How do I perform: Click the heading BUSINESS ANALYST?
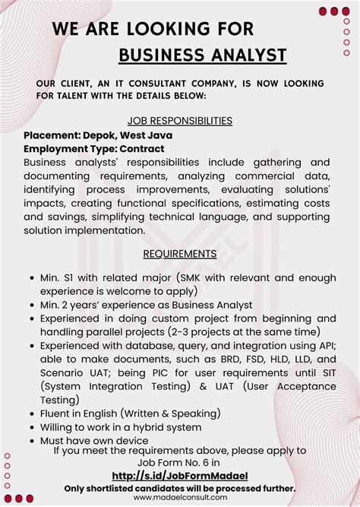pyautogui.click(x=203, y=55)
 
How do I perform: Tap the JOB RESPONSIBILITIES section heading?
pyautogui.click(x=180, y=120)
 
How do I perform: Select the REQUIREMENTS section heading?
pyautogui.click(x=180, y=253)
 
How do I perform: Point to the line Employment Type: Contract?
pyautogui.click(x=93, y=148)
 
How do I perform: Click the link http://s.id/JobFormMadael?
pyautogui.click(x=180, y=476)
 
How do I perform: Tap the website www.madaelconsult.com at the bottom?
pyautogui.click(x=180, y=497)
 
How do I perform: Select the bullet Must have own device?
pyautogui.click(x=95, y=440)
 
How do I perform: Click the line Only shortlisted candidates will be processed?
pyautogui.click(x=180, y=487)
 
